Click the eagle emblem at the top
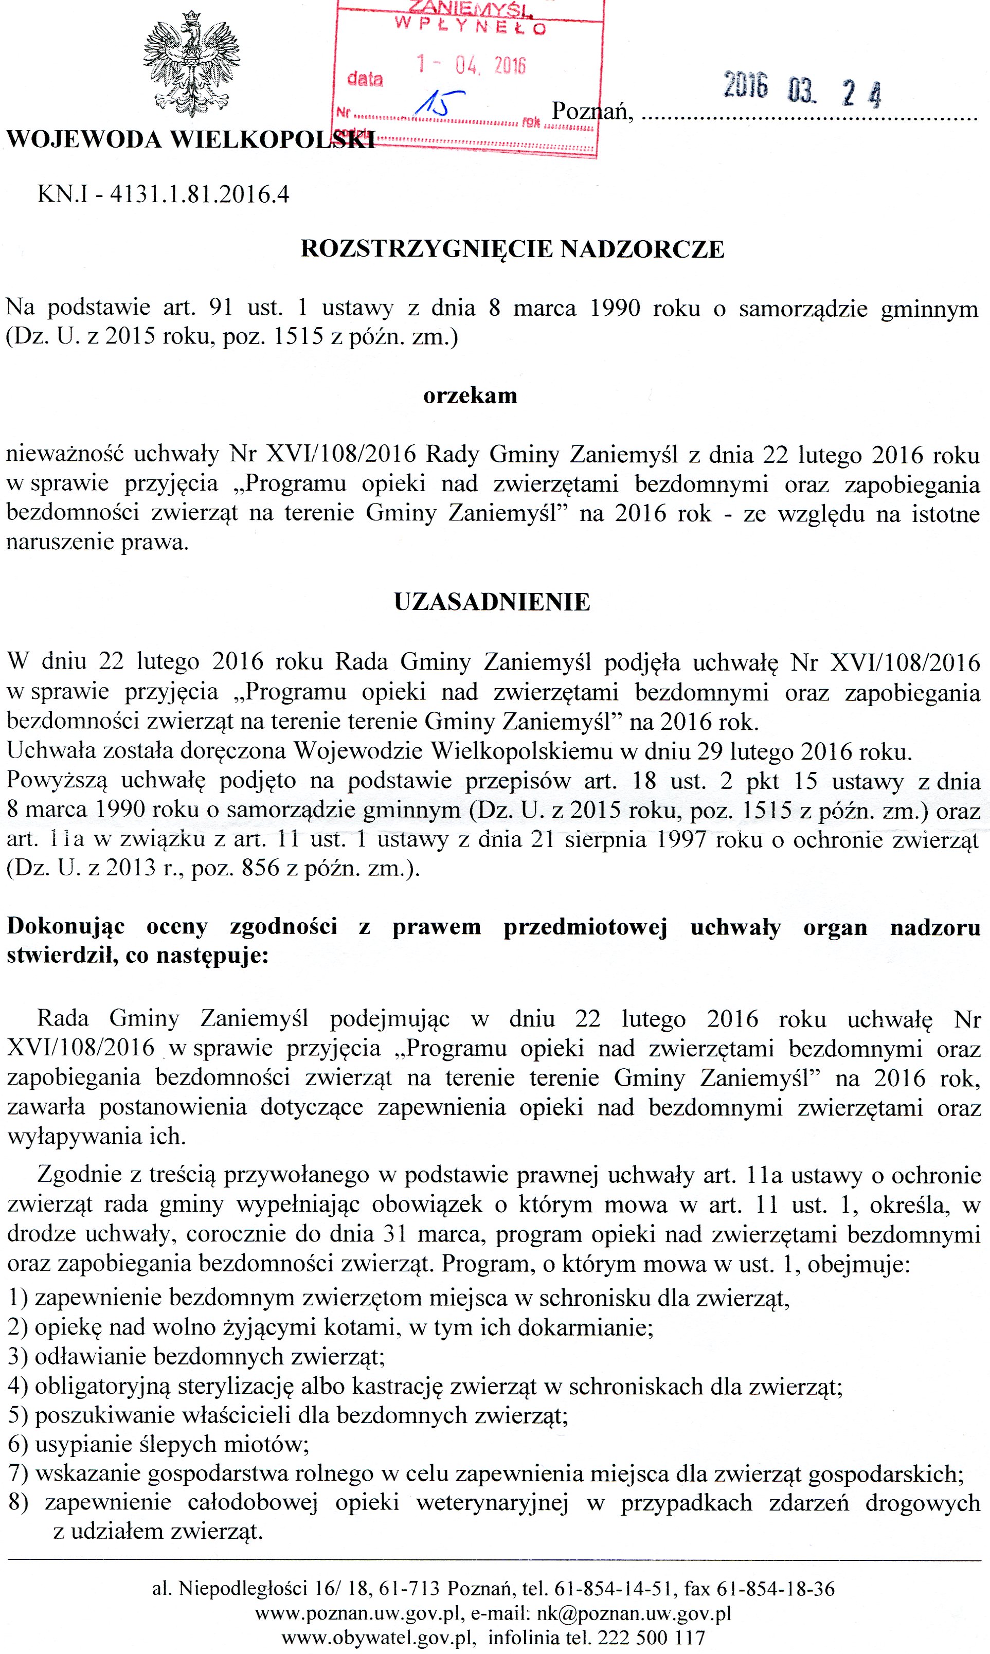click(x=191, y=63)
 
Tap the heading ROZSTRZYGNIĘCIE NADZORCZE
click(x=512, y=249)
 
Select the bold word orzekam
click(x=471, y=395)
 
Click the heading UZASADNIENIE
click(x=492, y=602)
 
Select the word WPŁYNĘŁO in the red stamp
click(x=471, y=27)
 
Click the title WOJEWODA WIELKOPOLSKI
click(x=190, y=140)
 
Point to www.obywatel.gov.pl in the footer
click(x=378, y=1638)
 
